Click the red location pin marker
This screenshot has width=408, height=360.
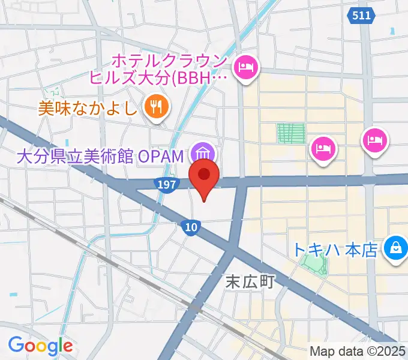click(x=204, y=176)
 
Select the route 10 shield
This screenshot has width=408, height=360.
click(x=190, y=226)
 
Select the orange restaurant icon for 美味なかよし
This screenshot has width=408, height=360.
click(x=157, y=107)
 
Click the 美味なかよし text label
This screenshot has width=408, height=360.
click(x=89, y=108)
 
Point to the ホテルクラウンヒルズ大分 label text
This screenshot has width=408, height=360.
click(x=159, y=69)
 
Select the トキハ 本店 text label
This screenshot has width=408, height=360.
click(x=336, y=248)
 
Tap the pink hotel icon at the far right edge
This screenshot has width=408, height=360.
click(x=376, y=142)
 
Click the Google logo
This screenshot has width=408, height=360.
click(x=40, y=345)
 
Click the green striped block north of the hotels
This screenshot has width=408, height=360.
click(x=291, y=133)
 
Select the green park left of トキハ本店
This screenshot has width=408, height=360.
click(x=316, y=262)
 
